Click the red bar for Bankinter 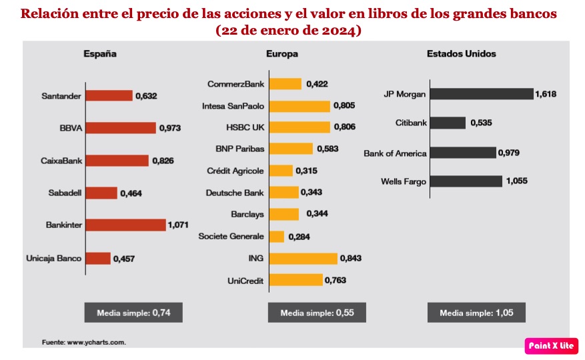(x=125, y=225)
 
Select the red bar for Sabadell (x=101, y=193)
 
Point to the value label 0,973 (x=170, y=128)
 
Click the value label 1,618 (x=546, y=95)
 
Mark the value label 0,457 (x=124, y=258)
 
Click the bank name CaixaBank (x=61, y=161)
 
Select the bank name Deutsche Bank (x=235, y=193)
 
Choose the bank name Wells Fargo (x=404, y=181)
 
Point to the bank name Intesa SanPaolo (x=233, y=106)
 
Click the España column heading (x=100, y=54)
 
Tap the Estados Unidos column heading (x=461, y=54)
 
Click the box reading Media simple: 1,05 (x=476, y=312)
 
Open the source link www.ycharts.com (x=96, y=342)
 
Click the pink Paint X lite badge (x=551, y=345)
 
